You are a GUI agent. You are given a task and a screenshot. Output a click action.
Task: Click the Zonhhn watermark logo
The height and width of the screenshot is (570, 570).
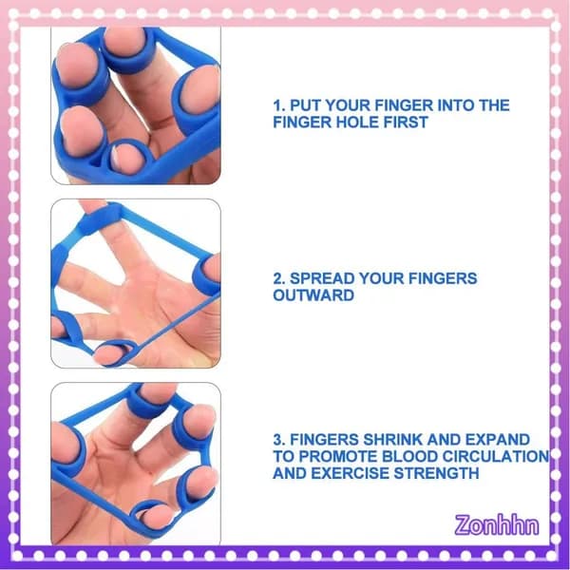(x=497, y=525)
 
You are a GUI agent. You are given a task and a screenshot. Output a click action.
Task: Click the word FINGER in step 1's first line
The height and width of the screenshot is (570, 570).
(x=404, y=105)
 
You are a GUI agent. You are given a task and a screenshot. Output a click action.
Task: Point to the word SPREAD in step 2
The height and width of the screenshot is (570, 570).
(x=322, y=278)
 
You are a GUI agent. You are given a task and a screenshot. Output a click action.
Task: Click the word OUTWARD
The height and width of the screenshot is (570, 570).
(x=313, y=295)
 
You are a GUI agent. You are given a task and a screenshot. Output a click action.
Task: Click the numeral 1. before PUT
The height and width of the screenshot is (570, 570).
(x=279, y=105)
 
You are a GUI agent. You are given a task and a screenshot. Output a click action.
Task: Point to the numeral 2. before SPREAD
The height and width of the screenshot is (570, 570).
(x=279, y=278)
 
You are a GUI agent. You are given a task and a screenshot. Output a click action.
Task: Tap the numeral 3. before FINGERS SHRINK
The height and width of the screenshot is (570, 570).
(x=279, y=440)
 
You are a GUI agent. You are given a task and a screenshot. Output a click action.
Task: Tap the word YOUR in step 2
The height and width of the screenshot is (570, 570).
(x=381, y=278)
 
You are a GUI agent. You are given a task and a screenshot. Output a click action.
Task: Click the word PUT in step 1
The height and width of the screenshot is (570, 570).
(x=305, y=105)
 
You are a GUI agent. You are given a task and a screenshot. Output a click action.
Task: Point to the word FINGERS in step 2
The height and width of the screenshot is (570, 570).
(x=443, y=278)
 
